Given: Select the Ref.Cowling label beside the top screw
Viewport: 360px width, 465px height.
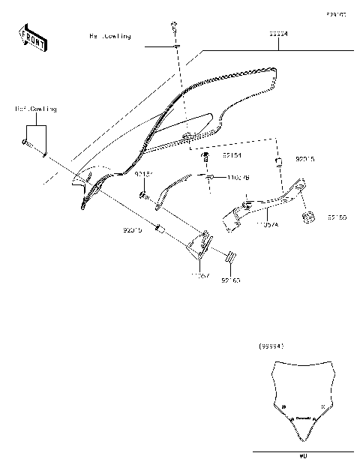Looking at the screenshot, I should pos(110,35).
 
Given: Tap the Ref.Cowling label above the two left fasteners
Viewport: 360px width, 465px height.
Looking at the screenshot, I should pos(35,109).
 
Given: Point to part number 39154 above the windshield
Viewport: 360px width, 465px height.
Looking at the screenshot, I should pos(279,34).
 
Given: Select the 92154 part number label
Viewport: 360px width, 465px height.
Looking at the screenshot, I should pos(232,156).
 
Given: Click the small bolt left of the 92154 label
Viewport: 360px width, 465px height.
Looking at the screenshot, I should pos(205,157).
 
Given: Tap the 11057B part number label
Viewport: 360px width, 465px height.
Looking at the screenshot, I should pos(238,177).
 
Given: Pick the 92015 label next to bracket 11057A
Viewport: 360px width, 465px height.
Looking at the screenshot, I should pos(305,160).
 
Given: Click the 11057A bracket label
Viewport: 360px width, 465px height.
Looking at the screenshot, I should pos(266,223).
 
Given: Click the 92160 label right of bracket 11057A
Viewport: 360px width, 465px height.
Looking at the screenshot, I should pos(337,217).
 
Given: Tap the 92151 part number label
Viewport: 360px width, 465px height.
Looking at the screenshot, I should pos(143,174).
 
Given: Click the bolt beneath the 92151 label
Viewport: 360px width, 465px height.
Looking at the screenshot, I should pos(142,196).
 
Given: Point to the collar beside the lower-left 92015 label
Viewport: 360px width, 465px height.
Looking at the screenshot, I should pos(159,227).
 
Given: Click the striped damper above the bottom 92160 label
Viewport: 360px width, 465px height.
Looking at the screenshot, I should pos(231,258).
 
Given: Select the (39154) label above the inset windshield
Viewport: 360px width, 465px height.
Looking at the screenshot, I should pos(271,346).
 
